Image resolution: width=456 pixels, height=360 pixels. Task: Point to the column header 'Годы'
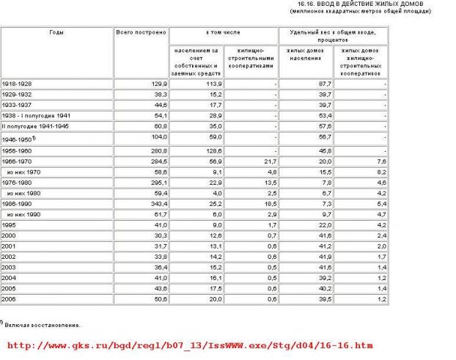click(56, 34)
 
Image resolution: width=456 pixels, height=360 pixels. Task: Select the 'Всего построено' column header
click(141, 34)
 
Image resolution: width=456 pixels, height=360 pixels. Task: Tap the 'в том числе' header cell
click(224, 34)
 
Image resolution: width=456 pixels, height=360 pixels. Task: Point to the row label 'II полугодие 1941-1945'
click(37, 125)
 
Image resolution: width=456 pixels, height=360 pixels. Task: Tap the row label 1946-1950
click(19, 138)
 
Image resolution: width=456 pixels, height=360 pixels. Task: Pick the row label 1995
click(10, 224)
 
